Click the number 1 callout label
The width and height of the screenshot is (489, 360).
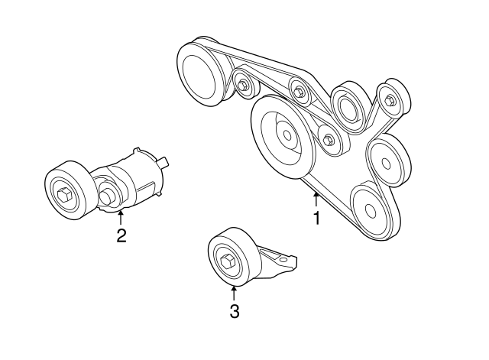click(316, 219)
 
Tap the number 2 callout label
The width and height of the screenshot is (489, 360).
click(121, 235)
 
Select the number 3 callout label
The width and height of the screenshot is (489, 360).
click(235, 311)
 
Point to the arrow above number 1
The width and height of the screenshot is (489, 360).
click(316, 200)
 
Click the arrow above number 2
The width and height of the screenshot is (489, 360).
click(121, 217)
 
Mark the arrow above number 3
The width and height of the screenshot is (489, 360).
click(235, 291)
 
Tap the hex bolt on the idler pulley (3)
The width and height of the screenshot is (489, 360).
click(227, 262)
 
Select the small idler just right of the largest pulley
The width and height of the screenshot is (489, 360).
click(329, 140)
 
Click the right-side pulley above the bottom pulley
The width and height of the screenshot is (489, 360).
click(387, 160)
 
